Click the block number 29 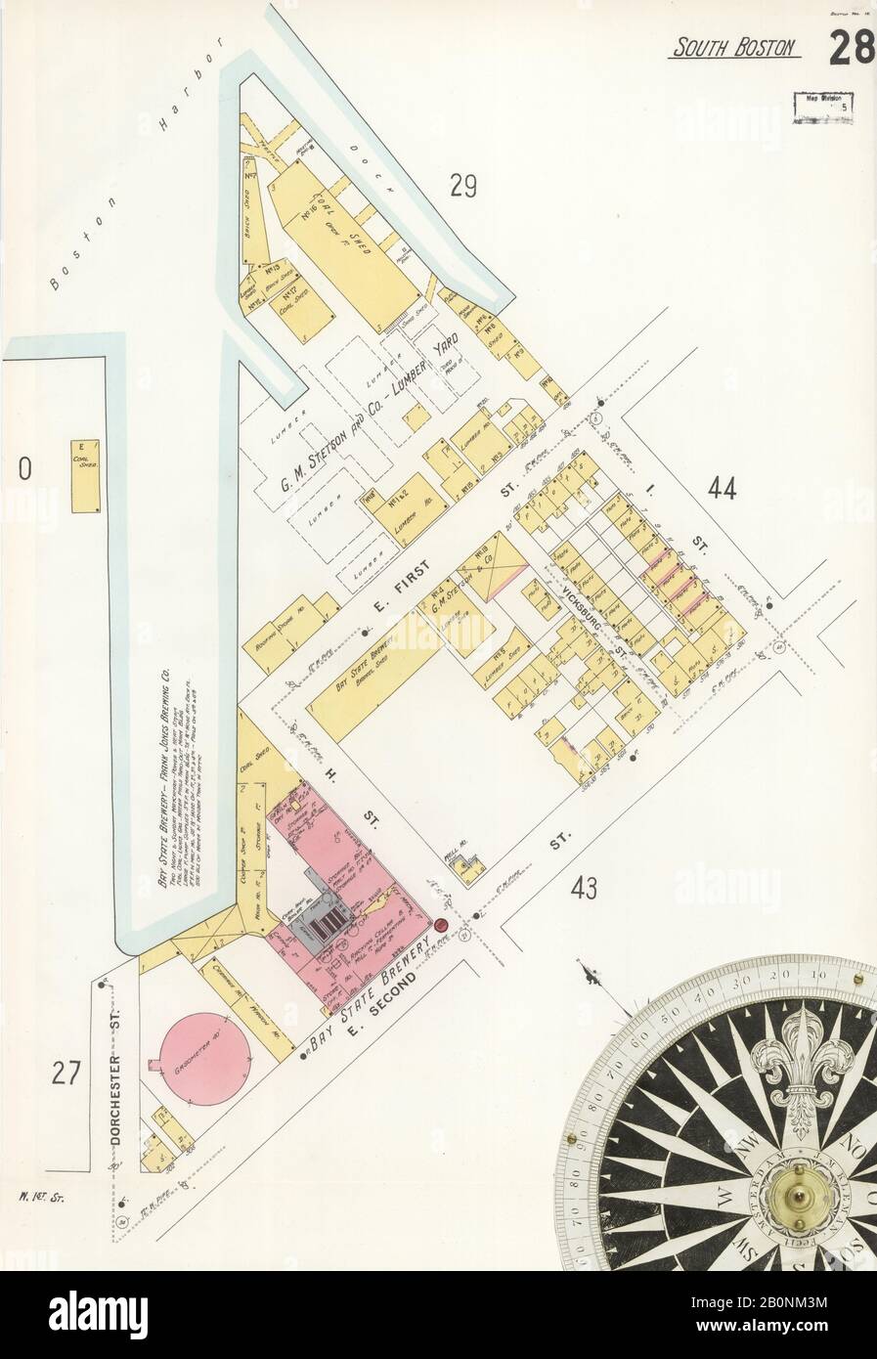coord(462,184)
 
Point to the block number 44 coord(723,490)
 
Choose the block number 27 coord(65,1074)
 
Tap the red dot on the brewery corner coord(441,925)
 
